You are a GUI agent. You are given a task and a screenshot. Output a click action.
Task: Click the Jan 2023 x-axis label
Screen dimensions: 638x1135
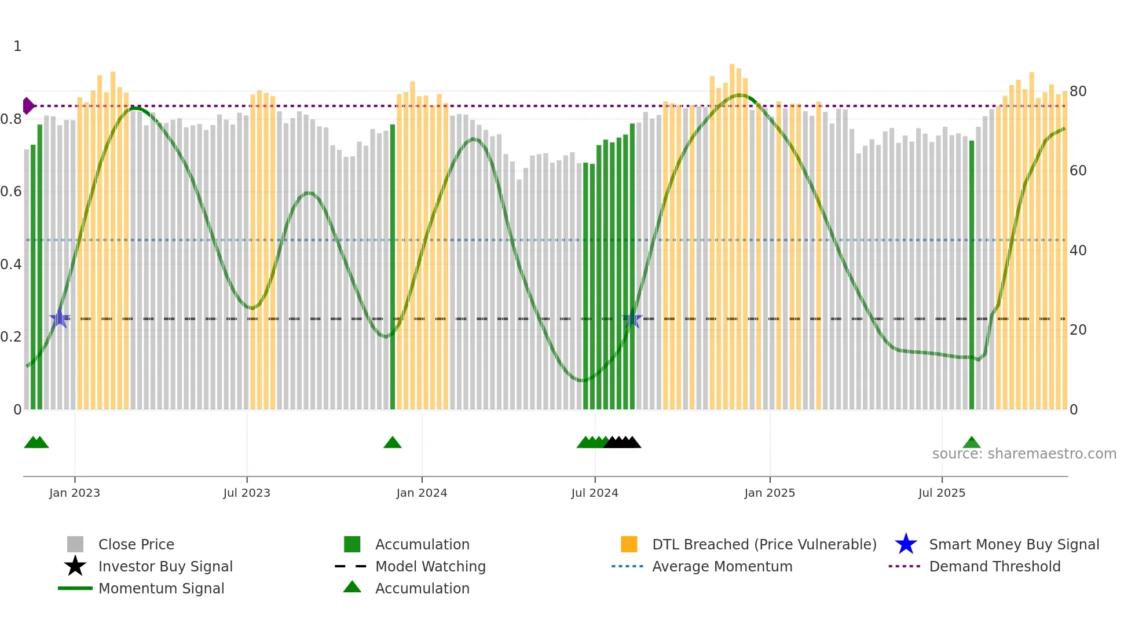(74, 493)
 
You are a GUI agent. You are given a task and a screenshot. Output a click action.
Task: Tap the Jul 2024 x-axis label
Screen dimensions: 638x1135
(594, 493)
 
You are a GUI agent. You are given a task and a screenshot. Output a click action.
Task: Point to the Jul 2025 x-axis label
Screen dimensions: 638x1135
(942, 493)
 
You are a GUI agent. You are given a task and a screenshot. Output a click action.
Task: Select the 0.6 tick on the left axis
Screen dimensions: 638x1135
(11, 192)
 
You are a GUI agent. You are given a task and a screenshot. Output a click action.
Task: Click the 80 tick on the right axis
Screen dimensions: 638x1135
(1078, 91)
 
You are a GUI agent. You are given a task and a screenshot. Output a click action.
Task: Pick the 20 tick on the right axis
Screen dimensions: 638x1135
(1078, 330)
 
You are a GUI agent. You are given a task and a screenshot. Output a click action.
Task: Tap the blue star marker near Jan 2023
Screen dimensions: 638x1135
(60, 318)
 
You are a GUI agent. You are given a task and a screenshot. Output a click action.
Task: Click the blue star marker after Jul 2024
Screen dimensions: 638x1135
(632, 319)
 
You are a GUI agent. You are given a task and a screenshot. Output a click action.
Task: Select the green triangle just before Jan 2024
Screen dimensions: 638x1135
(392, 443)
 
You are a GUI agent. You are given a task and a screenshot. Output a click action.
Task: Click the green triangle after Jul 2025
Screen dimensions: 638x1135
(971, 443)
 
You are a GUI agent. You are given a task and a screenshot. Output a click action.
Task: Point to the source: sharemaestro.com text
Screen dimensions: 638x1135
(1024, 454)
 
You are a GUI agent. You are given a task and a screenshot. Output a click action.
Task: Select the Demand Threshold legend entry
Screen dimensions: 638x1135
(994, 566)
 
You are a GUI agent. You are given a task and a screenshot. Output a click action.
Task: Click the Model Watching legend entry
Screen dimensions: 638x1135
(430, 566)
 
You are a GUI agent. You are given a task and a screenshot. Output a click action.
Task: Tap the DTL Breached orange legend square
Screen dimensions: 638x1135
(629, 544)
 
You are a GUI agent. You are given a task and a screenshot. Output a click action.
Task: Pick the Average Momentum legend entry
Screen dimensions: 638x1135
(722, 566)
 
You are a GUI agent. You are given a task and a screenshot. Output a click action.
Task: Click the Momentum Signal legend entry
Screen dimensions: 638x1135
(161, 588)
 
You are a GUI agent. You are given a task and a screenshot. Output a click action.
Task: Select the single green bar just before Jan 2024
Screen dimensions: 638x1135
(393, 266)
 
